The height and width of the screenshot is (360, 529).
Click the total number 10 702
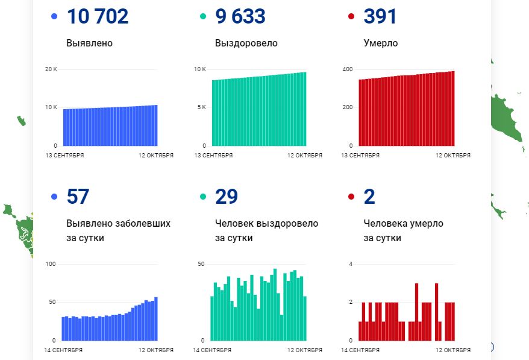98,16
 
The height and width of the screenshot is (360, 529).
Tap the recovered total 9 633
240,16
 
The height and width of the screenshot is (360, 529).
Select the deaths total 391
380,16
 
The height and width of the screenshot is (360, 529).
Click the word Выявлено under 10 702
89,43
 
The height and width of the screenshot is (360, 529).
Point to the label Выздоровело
246,43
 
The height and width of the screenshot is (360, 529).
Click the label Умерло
380,43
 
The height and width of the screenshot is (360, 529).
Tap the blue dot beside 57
55,197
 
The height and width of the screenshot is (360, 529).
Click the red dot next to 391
351,16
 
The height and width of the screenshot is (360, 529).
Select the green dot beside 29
203,197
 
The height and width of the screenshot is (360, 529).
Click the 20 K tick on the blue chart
51,69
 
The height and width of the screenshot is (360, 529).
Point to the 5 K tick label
200,107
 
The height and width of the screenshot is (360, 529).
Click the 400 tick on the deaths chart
348,69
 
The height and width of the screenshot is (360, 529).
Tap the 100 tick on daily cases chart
51,264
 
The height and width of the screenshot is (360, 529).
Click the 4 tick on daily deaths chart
351,264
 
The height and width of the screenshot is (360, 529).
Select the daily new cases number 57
78,197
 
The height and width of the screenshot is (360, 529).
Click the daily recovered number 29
226,197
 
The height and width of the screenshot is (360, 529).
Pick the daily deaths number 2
370,197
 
